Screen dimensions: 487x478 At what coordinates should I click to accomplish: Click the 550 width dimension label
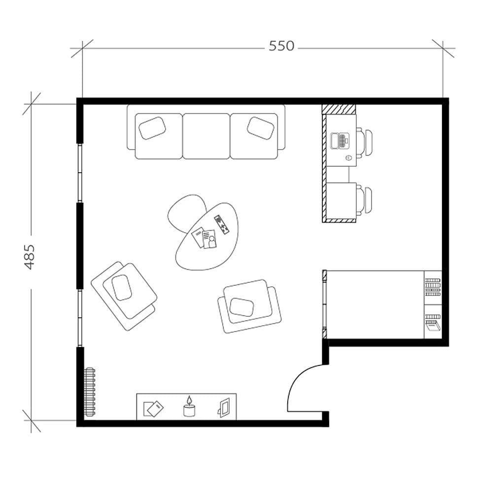(281, 46)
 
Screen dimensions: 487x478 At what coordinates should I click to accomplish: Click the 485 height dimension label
(30, 256)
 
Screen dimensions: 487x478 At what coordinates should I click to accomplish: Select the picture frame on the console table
(224, 407)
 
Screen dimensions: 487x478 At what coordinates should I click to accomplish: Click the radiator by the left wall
(89, 392)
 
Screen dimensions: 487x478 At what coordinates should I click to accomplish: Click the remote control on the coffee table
(222, 224)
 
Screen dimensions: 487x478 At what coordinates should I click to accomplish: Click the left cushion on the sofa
(152, 128)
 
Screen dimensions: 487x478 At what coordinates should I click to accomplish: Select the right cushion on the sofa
(261, 128)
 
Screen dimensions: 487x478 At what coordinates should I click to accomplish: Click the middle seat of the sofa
(206, 136)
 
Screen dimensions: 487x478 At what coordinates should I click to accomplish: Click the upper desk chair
(366, 142)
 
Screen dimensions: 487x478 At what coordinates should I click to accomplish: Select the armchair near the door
(248, 305)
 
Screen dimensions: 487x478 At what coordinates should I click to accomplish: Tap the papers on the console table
(153, 408)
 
